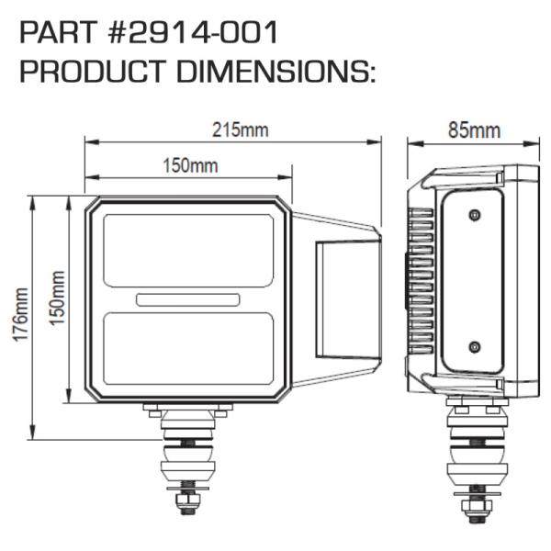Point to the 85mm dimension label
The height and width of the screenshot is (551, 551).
474,129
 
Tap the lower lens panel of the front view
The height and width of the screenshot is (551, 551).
189,352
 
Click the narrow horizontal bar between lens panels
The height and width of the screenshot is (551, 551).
189,299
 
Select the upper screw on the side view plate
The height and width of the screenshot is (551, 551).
474,215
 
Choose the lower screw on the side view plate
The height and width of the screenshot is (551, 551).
474,346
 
